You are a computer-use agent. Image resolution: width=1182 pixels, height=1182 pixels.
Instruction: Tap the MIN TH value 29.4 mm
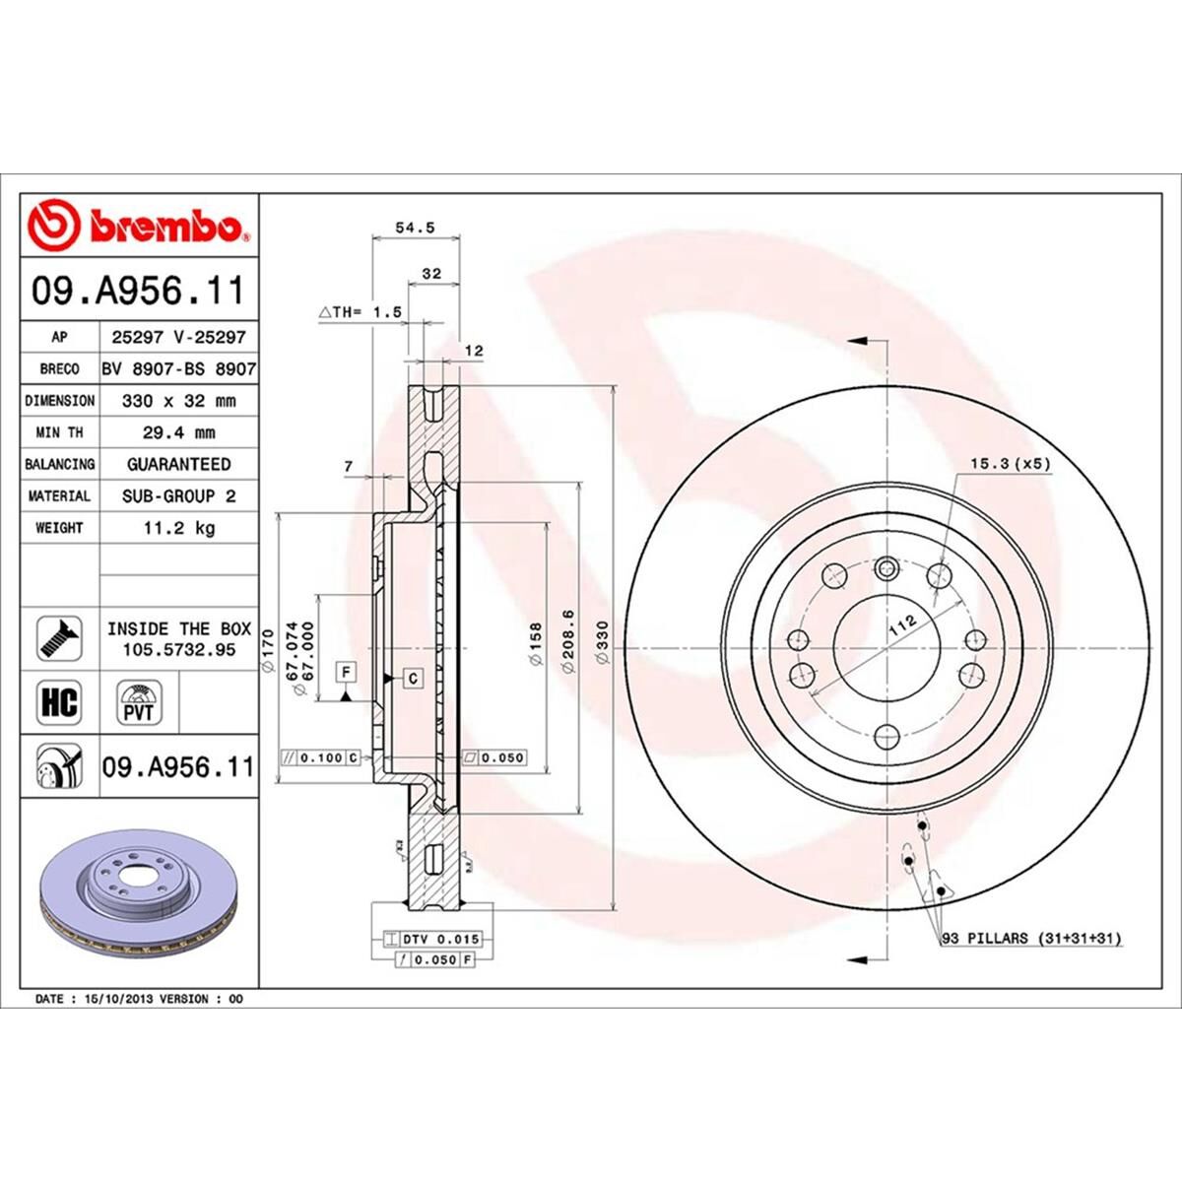click(x=178, y=432)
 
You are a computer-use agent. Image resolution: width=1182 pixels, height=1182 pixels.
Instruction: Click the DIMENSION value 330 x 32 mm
click(x=178, y=401)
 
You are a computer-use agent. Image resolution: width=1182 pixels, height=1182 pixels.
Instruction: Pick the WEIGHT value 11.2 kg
click(x=178, y=528)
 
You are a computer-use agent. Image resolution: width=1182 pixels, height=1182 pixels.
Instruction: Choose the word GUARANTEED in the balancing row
click(x=178, y=464)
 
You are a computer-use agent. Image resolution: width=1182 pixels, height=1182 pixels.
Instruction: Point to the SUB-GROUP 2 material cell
click(x=178, y=496)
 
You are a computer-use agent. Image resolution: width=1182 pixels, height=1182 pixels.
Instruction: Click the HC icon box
click(x=58, y=702)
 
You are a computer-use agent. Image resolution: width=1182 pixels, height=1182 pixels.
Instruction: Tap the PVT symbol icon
click(x=138, y=702)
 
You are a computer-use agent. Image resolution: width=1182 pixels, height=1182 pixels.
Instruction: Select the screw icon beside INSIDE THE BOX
click(x=58, y=639)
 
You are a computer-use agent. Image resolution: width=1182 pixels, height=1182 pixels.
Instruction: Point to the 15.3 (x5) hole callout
click(x=1011, y=462)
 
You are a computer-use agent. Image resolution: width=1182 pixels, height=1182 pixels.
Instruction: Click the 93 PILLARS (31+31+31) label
click(x=1031, y=939)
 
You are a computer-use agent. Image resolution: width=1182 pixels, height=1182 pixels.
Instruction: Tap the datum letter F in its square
click(x=346, y=673)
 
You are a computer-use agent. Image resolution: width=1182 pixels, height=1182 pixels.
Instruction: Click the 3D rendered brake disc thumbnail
click(x=138, y=897)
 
